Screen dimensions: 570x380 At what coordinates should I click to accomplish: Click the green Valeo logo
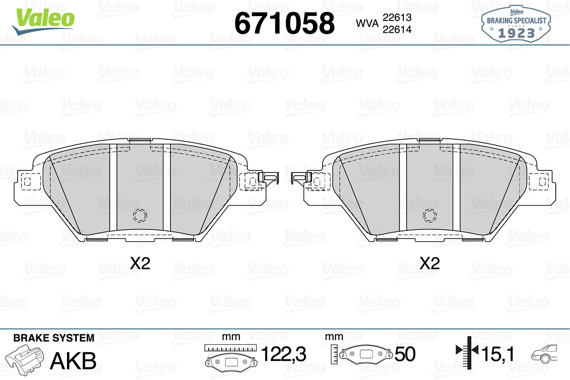43,21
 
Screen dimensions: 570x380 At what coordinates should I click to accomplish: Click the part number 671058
285,23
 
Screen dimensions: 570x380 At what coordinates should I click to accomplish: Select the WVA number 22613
397,18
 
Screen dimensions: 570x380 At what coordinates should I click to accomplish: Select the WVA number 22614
397,29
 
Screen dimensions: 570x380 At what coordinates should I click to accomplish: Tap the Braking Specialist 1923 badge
516,24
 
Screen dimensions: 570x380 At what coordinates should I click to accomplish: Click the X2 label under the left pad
140,264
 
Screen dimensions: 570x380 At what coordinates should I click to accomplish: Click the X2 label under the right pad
429,264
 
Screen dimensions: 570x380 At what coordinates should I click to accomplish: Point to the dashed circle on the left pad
140,216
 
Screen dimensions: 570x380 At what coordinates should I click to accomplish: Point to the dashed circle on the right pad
430,216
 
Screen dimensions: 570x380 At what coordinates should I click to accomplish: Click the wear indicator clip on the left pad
268,177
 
